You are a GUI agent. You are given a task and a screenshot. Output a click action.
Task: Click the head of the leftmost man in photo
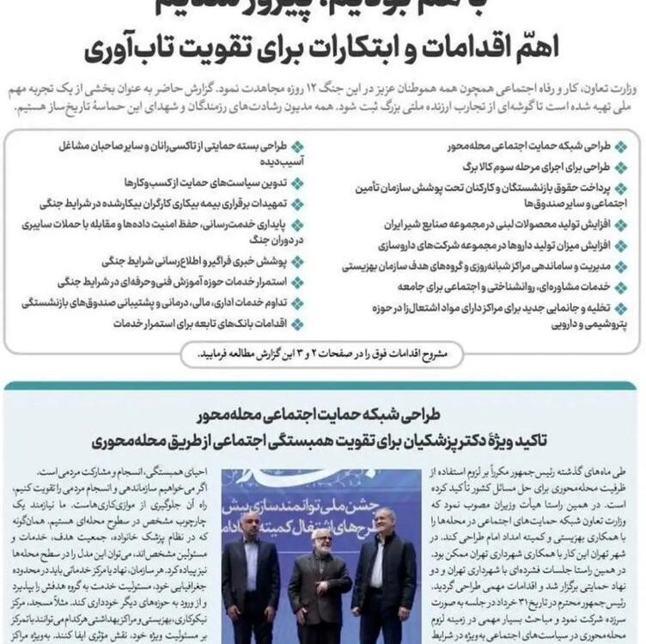click(250, 526)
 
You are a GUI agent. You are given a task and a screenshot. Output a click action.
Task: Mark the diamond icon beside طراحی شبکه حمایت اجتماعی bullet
click(617, 146)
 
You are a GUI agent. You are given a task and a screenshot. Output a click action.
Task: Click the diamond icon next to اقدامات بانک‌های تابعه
click(297, 324)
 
